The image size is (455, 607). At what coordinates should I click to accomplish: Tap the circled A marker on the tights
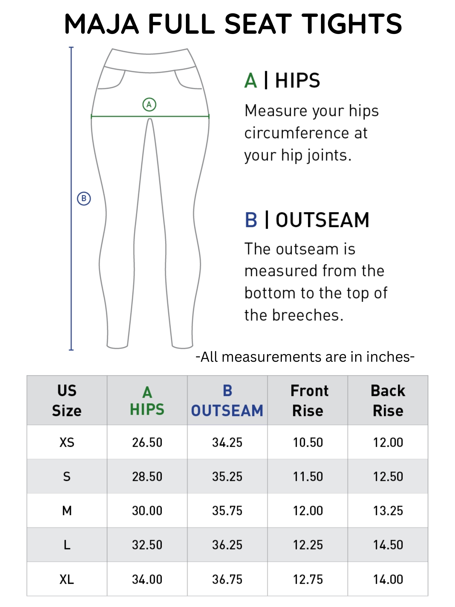click(x=149, y=105)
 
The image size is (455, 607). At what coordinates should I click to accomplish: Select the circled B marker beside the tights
click(x=84, y=198)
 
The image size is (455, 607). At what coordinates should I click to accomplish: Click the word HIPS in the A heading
click(x=297, y=81)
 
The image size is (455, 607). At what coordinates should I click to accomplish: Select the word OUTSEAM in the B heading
click(x=322, y=220)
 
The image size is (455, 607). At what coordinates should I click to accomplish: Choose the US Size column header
click(x=67, y=400)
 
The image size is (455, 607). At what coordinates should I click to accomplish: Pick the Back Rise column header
click(x=388, y=400)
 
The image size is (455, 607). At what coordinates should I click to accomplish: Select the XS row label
click(x=67, y=442)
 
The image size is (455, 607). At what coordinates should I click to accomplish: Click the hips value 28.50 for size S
click(x=147, y=476)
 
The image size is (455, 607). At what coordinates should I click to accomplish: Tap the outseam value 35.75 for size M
click(x=227, y=511)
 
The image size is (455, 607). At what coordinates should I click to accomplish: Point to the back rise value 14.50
click(x=388, y=545)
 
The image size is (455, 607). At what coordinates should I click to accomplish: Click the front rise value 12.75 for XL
click(x=308, y=579)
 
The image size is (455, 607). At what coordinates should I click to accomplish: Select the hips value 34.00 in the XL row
click(x=147, y=579)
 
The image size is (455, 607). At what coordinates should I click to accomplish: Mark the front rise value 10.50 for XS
click(x=308, y=442)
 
